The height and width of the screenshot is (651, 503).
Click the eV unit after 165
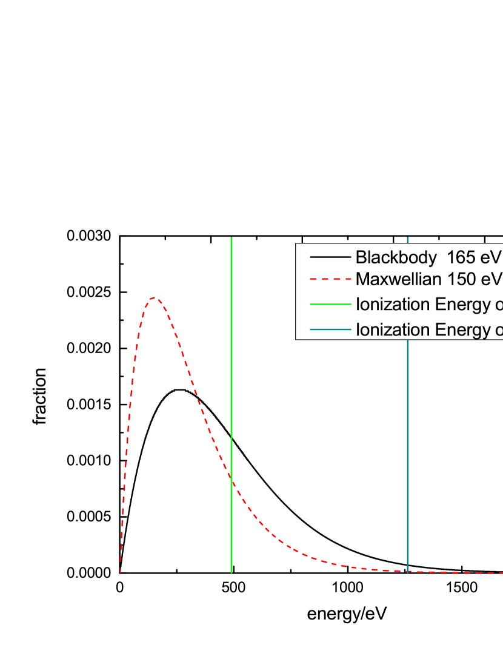click(x=491, y=257)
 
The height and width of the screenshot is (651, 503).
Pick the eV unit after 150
click(x=491, y=279)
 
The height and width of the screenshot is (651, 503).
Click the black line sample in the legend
click(x=330, y=258)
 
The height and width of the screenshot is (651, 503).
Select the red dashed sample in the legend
click(x=330, y=280)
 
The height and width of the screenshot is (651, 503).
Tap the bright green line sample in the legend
click(x=330, y=304)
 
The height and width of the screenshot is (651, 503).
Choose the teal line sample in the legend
click(x=330, y=329)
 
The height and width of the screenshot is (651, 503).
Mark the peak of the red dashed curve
click(x=155, y=297)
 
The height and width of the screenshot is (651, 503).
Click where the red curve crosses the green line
click(x=232, y=478)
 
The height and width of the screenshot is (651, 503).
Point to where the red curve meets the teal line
click(x=408, y=571)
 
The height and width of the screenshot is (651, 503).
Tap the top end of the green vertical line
click(x=232, y=238)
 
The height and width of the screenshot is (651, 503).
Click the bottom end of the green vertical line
click(x=232, y=572)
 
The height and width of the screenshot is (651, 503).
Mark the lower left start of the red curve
click(x=120, y=572)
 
